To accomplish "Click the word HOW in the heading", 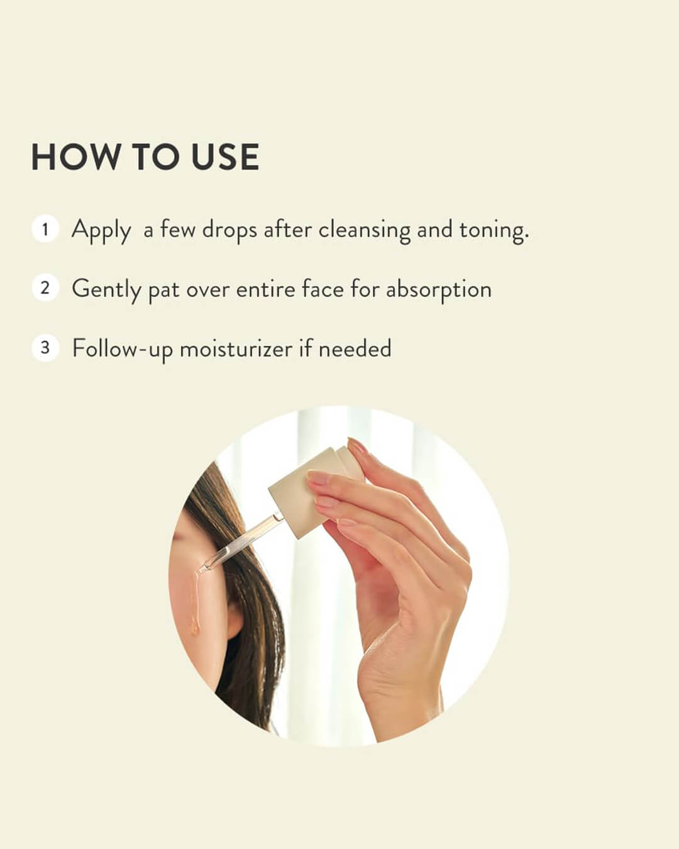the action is click(x=75, y=157).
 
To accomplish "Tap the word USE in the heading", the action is click(x=225, y=157).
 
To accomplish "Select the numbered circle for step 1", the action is click(x=45, y=229).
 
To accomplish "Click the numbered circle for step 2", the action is click(x=45, y=289).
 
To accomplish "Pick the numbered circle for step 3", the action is click(x=45, y=348).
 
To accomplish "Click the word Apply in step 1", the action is click(x=101, y=231).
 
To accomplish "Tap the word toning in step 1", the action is click(x=494, y=231).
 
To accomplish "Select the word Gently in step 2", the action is click(x=106, y=290).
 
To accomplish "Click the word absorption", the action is click(x=439, y=290).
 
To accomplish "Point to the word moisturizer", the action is click(x=236, y=348).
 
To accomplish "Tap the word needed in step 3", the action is click(x=355, y=348).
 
